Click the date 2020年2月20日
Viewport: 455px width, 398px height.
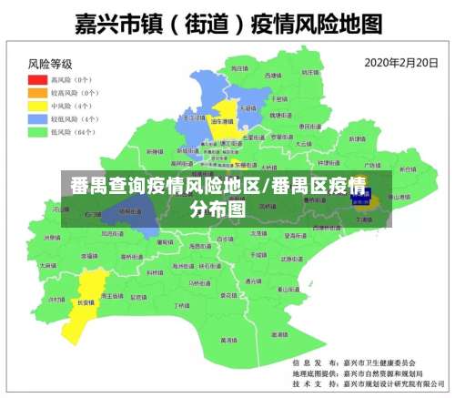[x=401, y=64]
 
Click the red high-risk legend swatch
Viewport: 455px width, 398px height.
[x=37, y=79]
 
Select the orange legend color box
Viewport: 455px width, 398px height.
[x=37, y=92]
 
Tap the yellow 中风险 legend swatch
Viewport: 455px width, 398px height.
[x=37, y=106]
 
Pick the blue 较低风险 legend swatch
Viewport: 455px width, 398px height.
[x=37, y=118]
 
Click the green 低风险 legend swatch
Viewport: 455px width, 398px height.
[x=37, y=132]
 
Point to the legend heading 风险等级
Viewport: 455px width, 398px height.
[x=50, y=65]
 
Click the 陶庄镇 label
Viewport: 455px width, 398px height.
[x=239, y=68]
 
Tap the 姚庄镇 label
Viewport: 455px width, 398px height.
[x=309, y=72]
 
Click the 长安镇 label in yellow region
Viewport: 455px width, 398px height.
[x=86, y=302]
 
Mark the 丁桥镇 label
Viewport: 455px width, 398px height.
[x=183, y=305]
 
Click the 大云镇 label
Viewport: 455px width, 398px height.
[x=304, y=143]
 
